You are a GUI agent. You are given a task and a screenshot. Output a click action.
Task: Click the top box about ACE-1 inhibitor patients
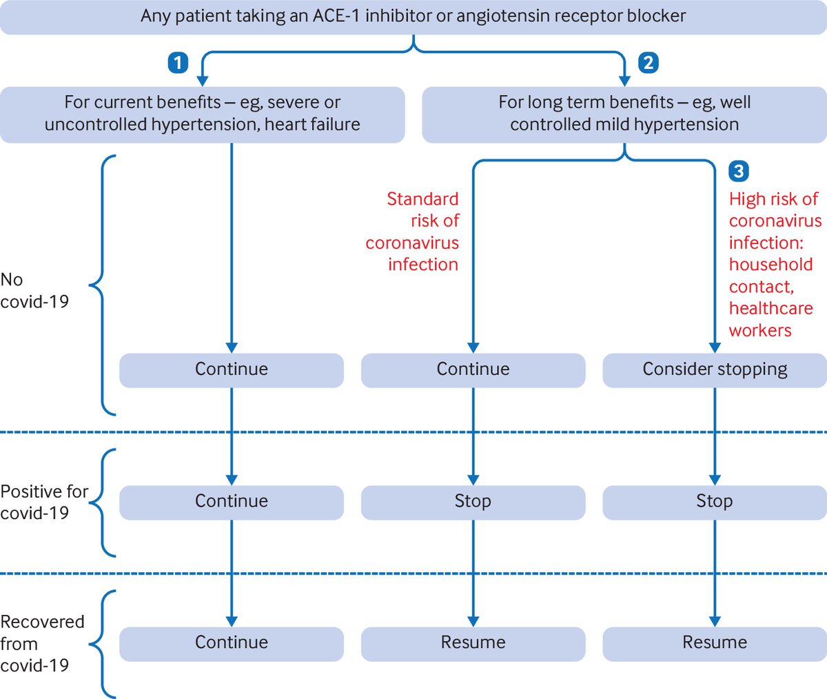click(x=413, y=17)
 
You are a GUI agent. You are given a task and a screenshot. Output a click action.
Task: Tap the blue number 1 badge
click(x=178, y=63)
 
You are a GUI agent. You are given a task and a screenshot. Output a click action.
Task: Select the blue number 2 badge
click(x=648, y=63)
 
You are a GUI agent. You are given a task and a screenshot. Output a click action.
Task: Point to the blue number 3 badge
click(x=739, y=171)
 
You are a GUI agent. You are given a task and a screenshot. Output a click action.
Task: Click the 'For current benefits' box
click(x=203, y=114)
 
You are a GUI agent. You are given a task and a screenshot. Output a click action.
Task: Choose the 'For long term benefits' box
click(x=624, y=114)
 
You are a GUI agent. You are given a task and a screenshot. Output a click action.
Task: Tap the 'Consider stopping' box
click(x=715, y=369)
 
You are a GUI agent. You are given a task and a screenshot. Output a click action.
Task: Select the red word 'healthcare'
click(x=770, y=308)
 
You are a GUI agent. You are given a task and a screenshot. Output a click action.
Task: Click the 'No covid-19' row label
click(x=34, y=290)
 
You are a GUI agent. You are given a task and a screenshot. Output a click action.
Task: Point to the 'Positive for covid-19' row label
click(x=43, y=502)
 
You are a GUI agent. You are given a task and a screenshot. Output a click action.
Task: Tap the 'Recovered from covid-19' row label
click(x=41, y=643)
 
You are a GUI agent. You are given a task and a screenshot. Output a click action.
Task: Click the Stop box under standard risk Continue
click(x=473, y=502)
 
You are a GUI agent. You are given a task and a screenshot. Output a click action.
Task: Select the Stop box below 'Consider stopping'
click(x=715, y=502)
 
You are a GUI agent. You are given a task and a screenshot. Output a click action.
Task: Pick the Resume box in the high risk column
click(x=715, y=643)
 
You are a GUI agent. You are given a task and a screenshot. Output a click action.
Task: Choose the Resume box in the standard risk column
click(x=473, y=643)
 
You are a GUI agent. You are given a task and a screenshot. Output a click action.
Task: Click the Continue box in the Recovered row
click(x=232, y=643)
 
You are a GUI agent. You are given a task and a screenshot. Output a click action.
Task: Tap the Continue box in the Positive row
click(x=232, y=502)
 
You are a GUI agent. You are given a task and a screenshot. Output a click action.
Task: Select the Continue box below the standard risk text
click(x=473, y=369)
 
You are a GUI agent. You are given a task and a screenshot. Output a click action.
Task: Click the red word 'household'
click(x=770, y=265)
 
